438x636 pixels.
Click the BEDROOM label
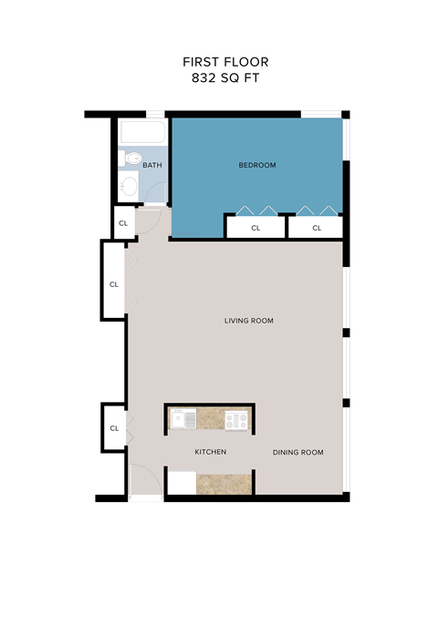[256, 165]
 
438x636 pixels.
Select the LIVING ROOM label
[249, 321]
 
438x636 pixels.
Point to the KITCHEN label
[210, 452]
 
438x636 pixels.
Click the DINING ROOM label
[298, 452]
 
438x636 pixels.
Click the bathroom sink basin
[129, 188]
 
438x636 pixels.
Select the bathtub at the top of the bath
[141, 133]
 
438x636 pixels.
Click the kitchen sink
[182, 419]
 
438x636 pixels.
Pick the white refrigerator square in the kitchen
[182, 483]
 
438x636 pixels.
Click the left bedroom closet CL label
[255, 228]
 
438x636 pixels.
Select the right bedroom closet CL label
[317, 228]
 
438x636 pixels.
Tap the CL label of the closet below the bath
[122, 221]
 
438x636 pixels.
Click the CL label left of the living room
[114, 284]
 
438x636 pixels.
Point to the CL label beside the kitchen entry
[114, 428]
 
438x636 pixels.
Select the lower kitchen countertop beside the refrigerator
[224, 483]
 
